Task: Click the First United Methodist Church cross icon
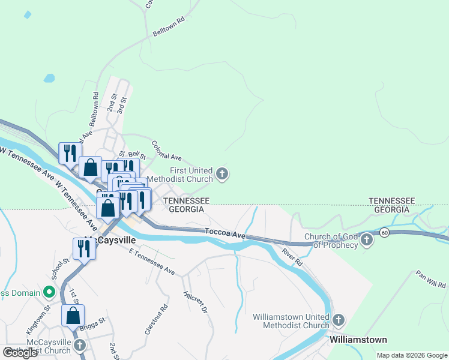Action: coord(222,175)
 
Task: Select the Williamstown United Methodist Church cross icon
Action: coord(339,321)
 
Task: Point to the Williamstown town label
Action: coord(358,340)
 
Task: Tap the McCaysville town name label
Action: coord(109,239)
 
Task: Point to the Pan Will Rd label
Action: coord(431,278)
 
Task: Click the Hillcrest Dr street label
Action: coord(195,302)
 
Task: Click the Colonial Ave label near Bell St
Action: coord(167,151)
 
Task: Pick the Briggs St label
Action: coord(92,324)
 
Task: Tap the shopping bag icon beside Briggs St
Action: coord(73,315)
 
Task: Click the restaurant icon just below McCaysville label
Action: coord(84,249)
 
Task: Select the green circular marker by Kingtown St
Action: coord(49,293)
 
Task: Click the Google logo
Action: coord(20,353)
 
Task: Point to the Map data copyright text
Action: coord(411,355)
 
